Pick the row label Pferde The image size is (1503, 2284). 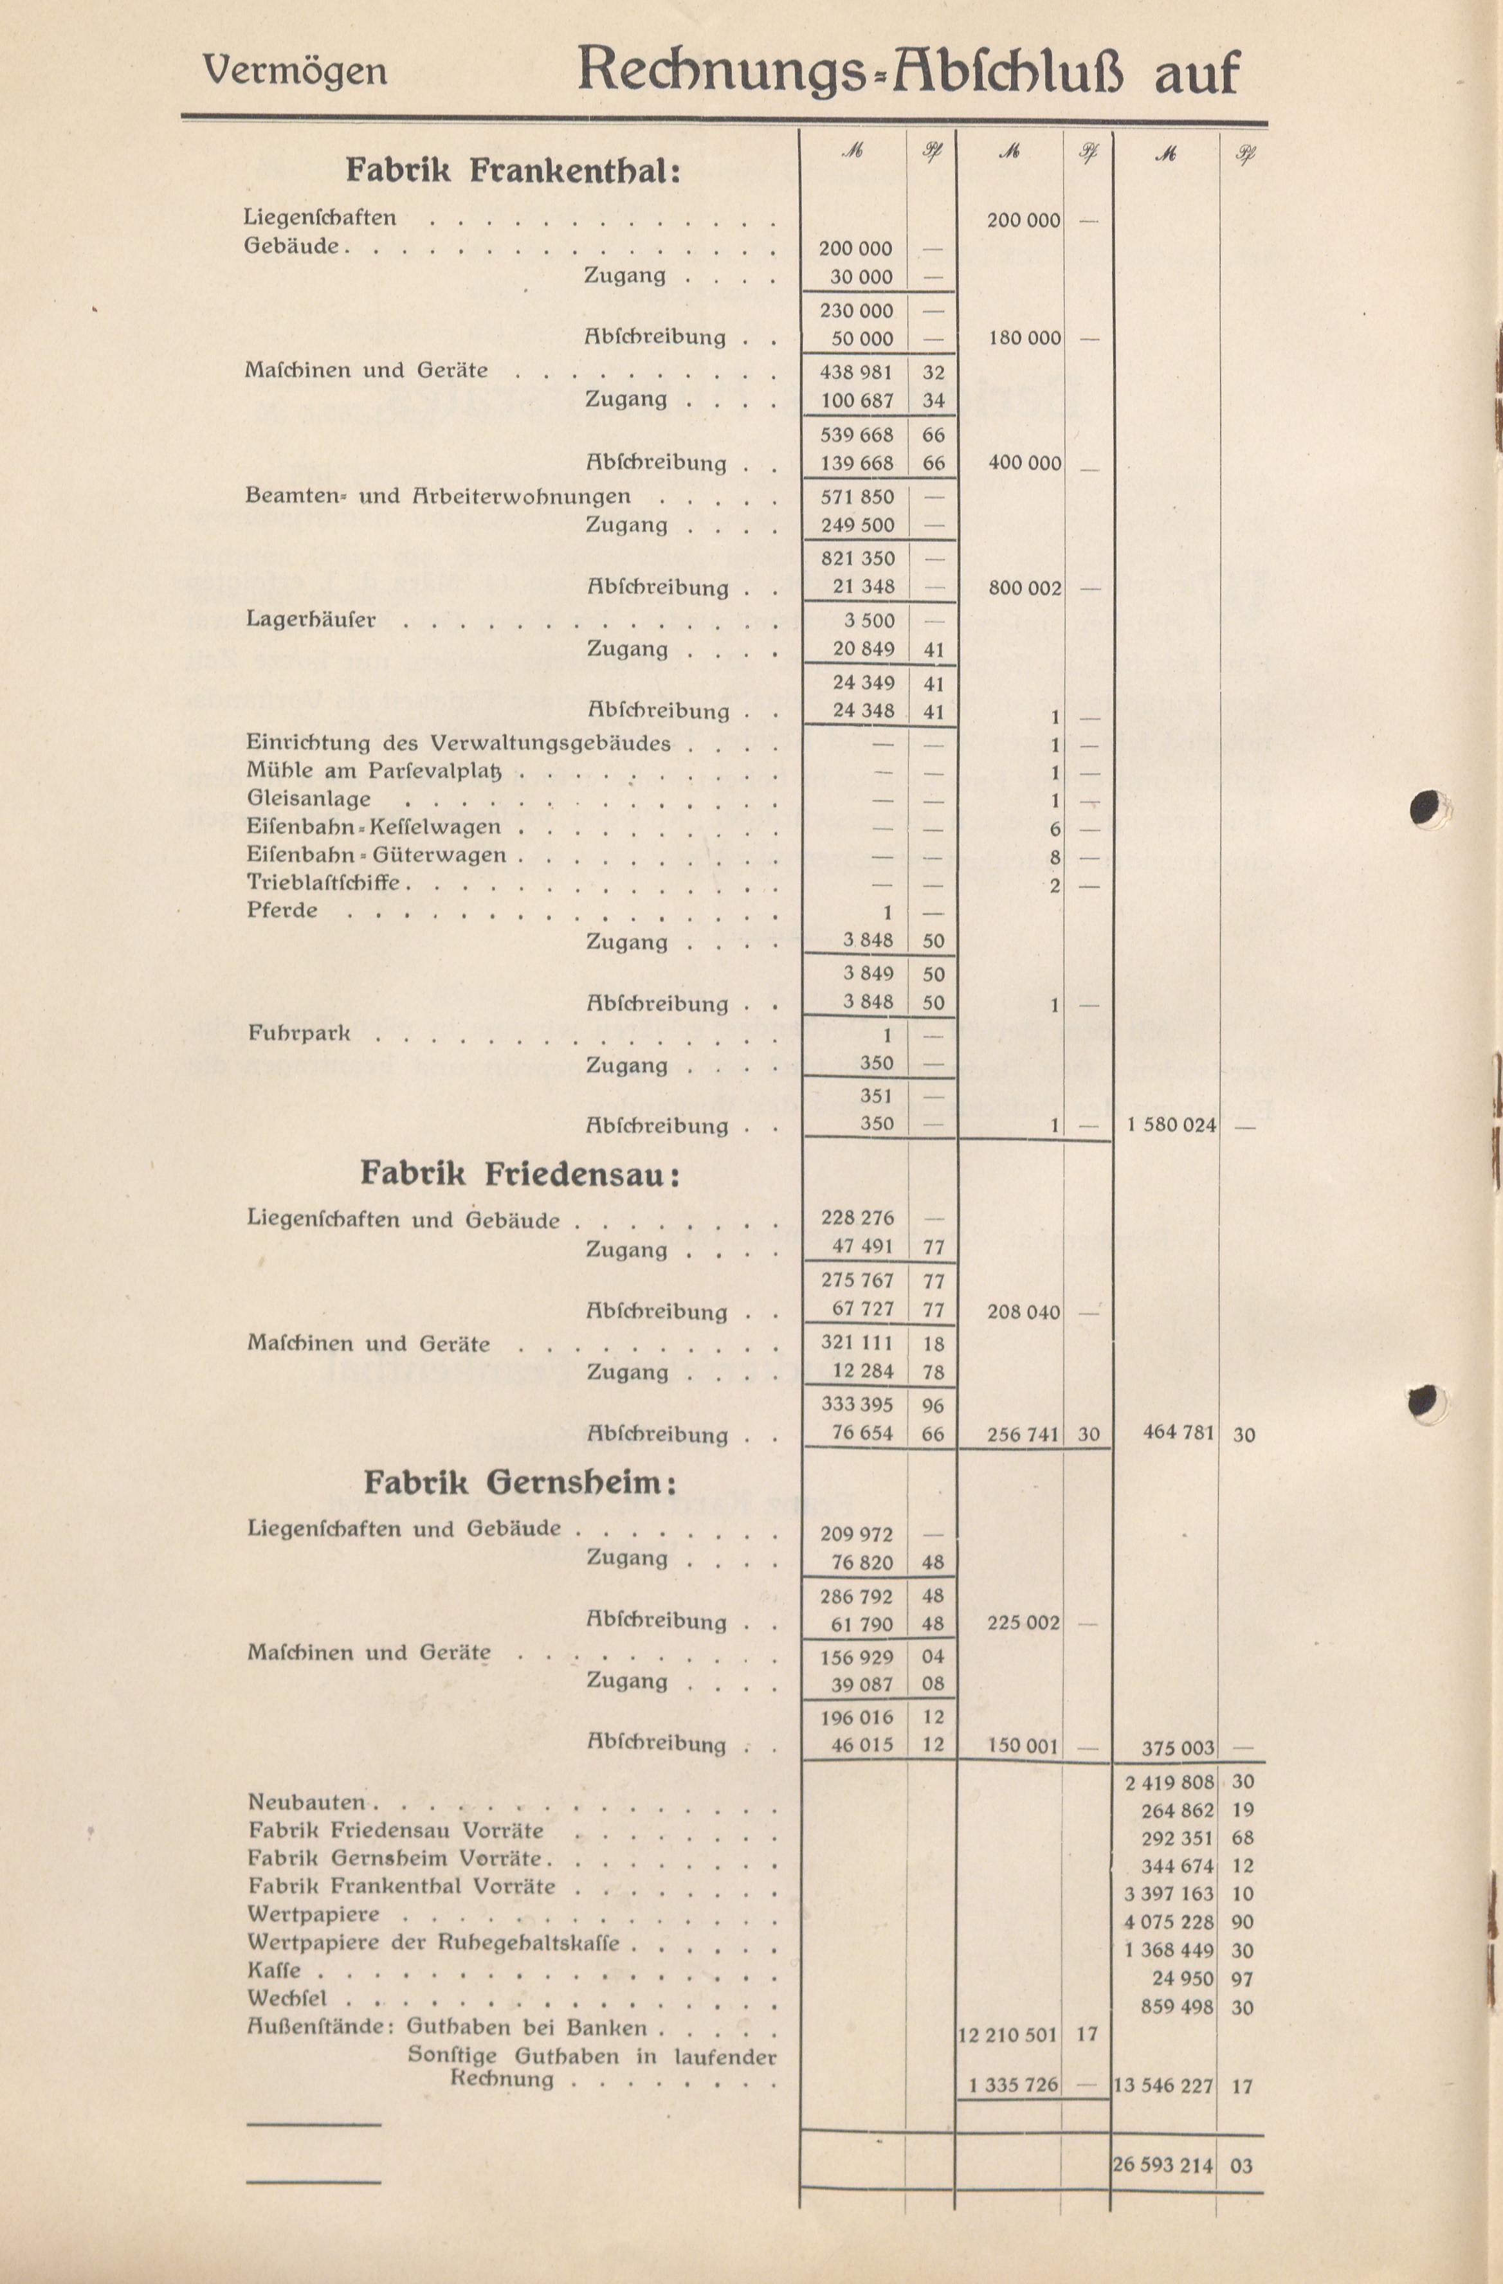[x=282, y=910]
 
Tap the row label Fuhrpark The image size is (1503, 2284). [x=298, y=1033]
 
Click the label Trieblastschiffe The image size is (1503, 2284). [x=322, y=882]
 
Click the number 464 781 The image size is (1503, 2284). [x=1179, y=1433]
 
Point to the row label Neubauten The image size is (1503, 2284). [x=307, y=1802]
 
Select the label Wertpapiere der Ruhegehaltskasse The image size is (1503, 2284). [x=433, y=1943]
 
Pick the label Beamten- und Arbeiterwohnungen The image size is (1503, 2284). [x=438, y=496]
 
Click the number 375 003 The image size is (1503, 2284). [x=1179, y=1748]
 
